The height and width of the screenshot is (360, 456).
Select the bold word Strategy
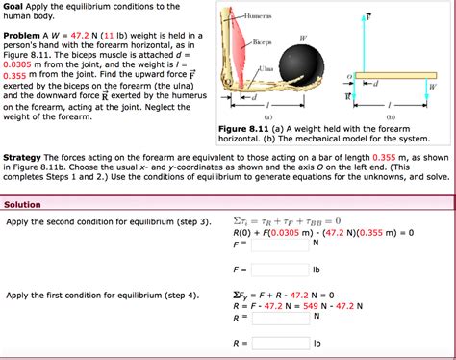coord(23,157)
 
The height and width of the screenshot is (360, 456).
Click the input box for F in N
coord(280,244)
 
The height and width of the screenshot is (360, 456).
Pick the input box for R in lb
coord(280,342)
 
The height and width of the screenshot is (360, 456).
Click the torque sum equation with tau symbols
coord(287,220)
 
